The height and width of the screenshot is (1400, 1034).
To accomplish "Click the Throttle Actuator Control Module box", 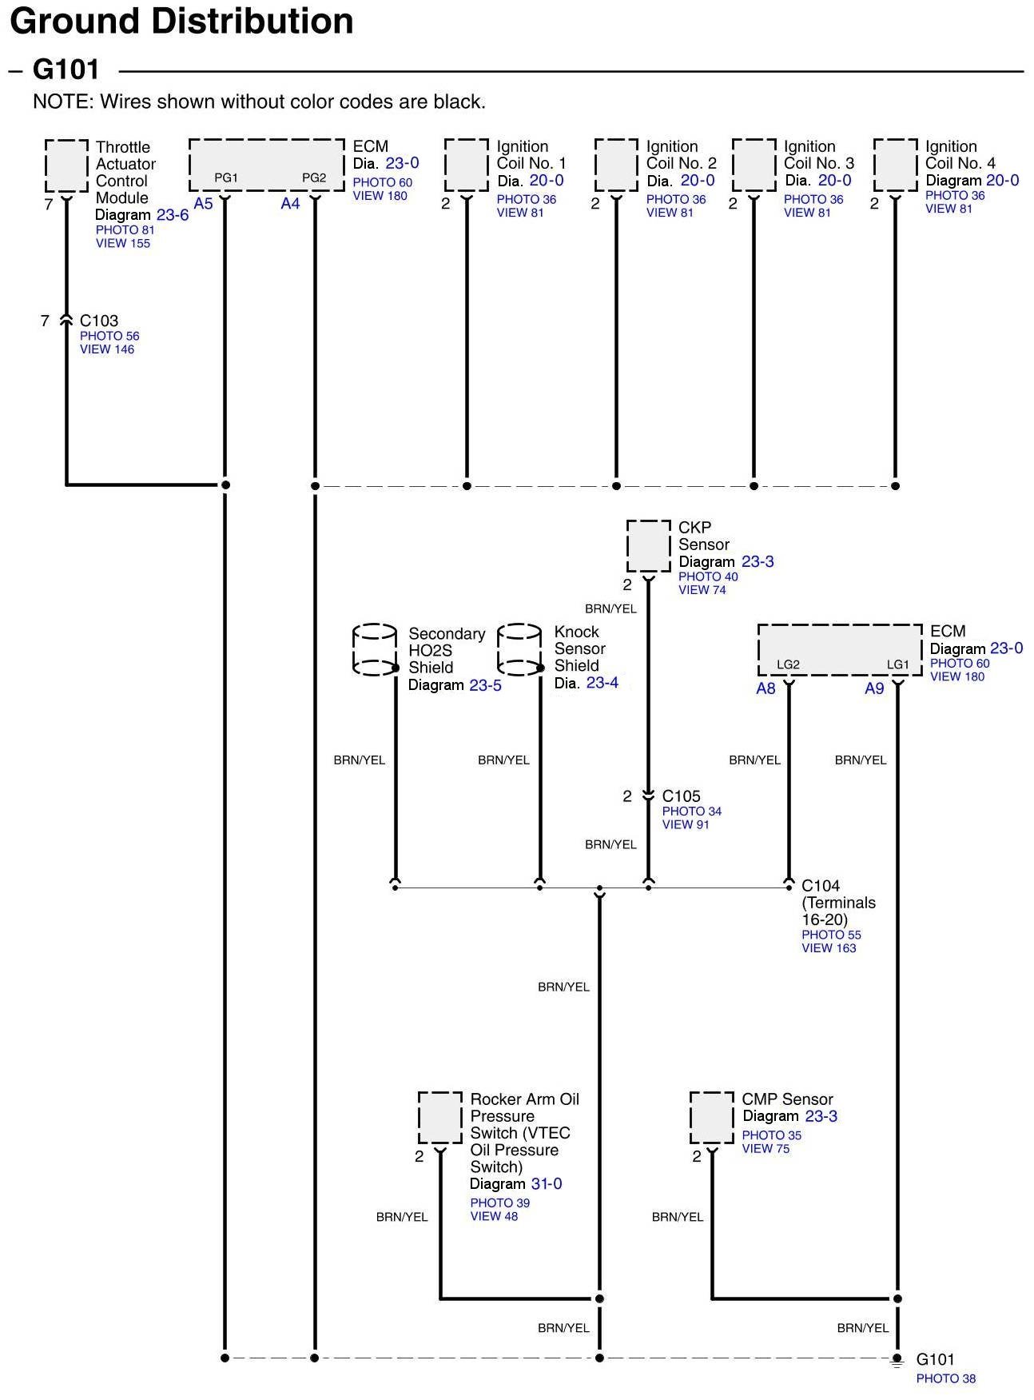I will tap(66, 166).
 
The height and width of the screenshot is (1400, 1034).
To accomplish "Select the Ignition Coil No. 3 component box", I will tap(754, 165).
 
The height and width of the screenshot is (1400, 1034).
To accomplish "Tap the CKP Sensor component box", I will tap(648, 547).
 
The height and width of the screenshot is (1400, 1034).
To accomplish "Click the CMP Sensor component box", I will tap(711, 1118).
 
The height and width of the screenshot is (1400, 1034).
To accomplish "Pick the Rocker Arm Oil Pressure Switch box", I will tap(439, 1118).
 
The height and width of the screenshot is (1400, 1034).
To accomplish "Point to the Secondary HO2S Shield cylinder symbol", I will tap(375, 650).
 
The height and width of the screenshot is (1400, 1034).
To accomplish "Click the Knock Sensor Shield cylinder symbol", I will tap(520, 649).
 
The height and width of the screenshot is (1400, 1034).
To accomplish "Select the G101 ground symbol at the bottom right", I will tap(897, 1360).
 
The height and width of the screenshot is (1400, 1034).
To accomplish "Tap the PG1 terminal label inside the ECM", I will tap(226, 177).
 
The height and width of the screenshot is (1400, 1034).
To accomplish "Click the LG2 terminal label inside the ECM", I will tap(788, 664).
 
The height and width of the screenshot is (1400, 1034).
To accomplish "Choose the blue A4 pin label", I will tap(290, 204).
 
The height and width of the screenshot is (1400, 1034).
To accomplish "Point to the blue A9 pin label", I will tap(874, 688).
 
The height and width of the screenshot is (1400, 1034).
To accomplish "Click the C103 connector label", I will tap(99, 321).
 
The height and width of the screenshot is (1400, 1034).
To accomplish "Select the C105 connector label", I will tap(681, 796).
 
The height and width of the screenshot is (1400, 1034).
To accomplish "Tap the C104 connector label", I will tap(821, 886).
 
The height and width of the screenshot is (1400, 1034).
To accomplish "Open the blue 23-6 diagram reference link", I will tap(173, 215).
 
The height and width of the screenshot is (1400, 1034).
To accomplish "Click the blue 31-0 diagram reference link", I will tap(547, 1183).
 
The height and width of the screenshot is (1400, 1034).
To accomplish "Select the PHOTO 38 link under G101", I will tap(945, 1378).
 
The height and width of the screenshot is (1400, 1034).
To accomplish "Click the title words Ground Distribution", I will tap(181, 21).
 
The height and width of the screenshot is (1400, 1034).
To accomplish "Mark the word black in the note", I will tap(458, 102).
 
